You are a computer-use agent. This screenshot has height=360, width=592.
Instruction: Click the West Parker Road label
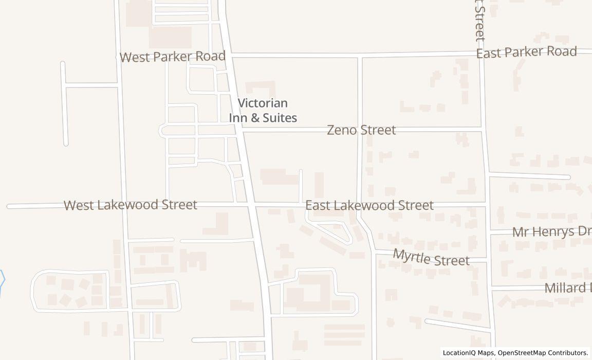coord(172,57)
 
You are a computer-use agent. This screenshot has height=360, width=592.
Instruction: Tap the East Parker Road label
coord(526,52)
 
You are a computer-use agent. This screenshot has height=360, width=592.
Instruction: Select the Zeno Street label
coord(361,130)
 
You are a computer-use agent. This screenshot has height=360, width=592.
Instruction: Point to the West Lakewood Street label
coord(130,205)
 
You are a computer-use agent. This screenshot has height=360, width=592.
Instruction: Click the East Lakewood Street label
coord(369,205)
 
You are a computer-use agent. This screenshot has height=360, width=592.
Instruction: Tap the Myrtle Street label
coord(431,257)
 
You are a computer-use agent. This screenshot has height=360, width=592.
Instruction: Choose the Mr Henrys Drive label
coord(551,232)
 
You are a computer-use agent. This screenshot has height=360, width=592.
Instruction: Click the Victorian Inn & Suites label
coord(263,111)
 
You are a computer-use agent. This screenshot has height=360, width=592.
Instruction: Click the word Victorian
coord(263,103)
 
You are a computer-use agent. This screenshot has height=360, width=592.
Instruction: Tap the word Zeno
coord(342,130)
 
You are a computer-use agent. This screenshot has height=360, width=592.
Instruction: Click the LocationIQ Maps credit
coord(469,353)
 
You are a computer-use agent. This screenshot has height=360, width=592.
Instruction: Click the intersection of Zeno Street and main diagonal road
coord(239,131)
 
